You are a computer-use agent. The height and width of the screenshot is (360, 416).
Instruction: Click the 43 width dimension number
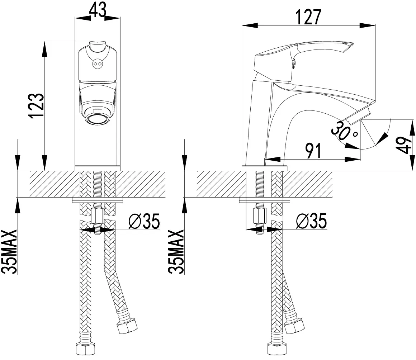point(98,10)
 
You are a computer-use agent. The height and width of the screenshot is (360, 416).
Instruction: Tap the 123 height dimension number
point(37,106)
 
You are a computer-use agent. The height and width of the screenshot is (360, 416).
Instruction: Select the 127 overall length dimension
point(308,17)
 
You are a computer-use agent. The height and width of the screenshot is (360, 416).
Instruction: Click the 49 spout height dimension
point(405,145)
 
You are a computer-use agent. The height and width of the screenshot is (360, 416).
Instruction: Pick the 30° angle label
point(344,130)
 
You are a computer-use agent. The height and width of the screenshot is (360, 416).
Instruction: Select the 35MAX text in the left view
point(9,251)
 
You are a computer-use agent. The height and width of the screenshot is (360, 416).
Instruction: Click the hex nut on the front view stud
point(98,216)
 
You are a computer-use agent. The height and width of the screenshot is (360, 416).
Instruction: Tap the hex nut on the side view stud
point(260,216)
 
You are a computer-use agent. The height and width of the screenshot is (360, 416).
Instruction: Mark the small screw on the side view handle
point(295,64)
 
